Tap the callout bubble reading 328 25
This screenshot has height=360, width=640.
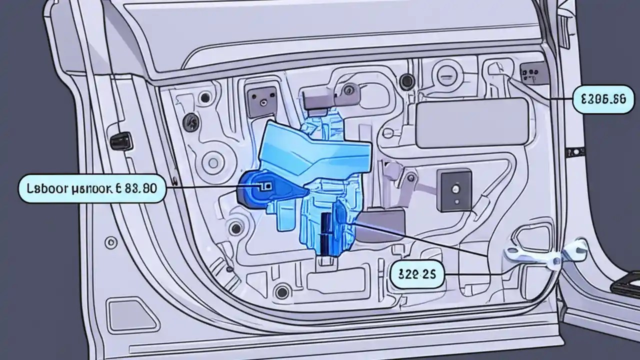click(416, 274)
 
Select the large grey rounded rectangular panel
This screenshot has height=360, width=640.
click(471, 122)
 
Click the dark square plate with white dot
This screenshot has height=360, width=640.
click(454, 189)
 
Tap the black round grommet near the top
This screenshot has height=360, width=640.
click(407, 79)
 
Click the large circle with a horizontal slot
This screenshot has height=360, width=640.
click(446, 76)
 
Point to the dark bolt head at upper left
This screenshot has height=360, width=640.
click(189, 120)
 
